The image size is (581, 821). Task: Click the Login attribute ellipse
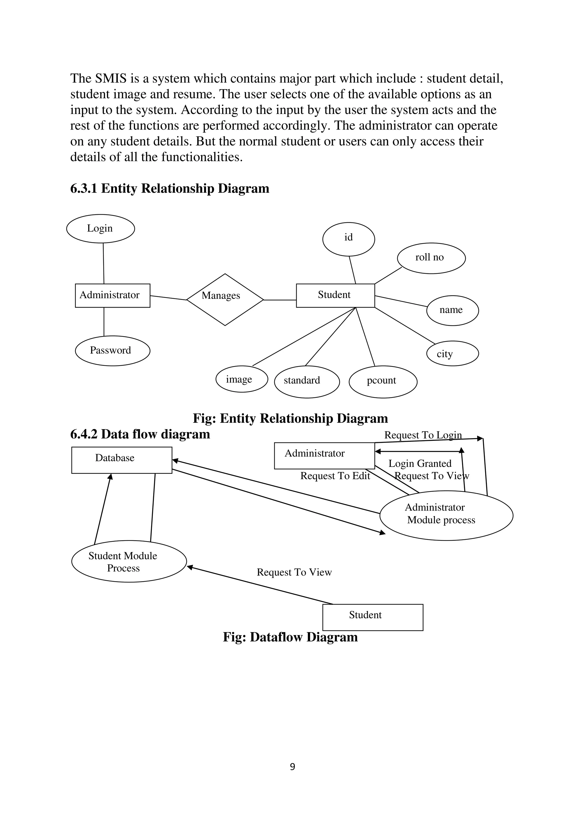pyautogui.click(x=100, y=228)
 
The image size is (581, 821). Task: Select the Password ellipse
pyautogui.click(x=112, y=350)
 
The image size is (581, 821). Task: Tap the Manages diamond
pyautogui.click(x=225, y=299)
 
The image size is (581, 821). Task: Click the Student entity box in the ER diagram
pyautogui.click(x=335, y=295)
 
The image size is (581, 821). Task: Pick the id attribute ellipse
pyautogui.click(x=348, y=239)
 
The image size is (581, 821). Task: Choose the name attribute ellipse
pyautogui.click(x=452, y=310)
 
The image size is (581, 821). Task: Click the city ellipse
pyautogui.click(x=452, y=353)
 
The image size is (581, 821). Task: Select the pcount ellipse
pyautogui.click(x=383, y=381)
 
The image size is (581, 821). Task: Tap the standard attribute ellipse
pyautogui.click(x=307, y=381)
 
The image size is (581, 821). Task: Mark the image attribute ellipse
pyautogui.click(x=241, y=379)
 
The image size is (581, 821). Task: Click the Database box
pyautogui.click(x=122, y=460)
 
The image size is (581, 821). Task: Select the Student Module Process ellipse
pyautogui.click(x=129, y=561)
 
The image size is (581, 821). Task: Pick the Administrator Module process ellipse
pyautogui.click(x=446, y=515)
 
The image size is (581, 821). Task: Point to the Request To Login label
pyautogui.click(x=423, y=435)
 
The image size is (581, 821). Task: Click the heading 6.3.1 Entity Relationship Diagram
pyautogui.click(x=170, y=189)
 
